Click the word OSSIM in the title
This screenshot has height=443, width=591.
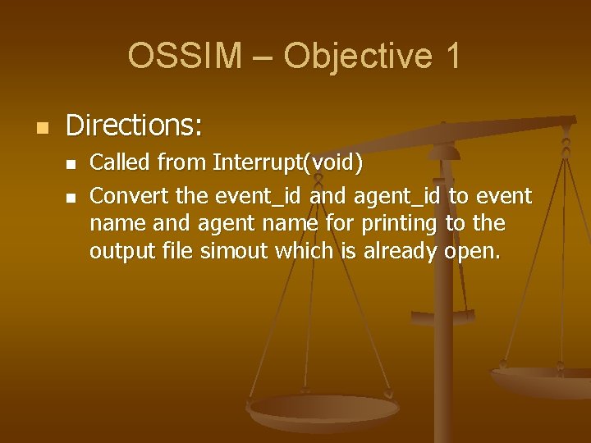(185, 57)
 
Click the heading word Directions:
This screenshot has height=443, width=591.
(134, 126)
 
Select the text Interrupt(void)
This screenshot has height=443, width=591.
(287, 163)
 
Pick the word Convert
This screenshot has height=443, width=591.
(124, 196)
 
